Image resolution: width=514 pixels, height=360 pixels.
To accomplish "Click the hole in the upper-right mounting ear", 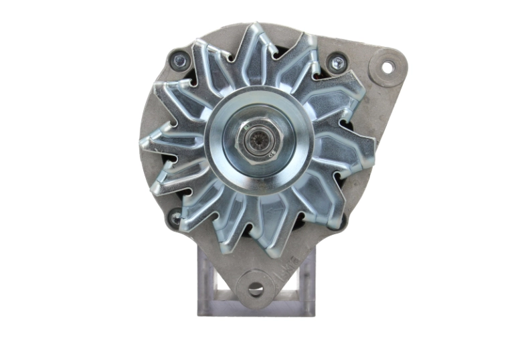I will tap(388, 67).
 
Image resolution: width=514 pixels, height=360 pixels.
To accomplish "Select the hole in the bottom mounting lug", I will tap(256, 288).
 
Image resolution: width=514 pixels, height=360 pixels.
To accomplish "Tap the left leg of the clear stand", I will tap(207, 281).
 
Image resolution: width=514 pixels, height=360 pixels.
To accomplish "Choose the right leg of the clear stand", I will tap(307, 281).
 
